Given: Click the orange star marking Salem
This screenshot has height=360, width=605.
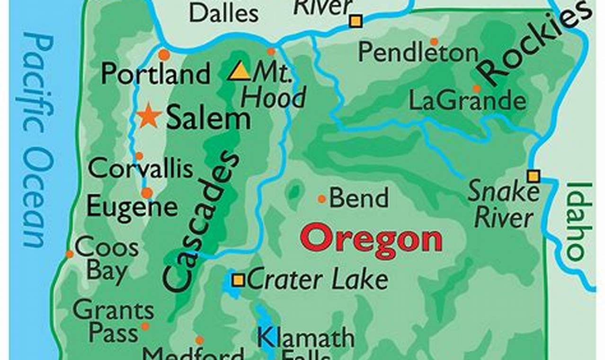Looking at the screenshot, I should click(150, 116).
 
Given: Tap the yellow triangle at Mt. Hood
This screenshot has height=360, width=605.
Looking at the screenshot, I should click(240, 72).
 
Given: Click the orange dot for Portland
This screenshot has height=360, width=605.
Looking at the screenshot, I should click(164, 54).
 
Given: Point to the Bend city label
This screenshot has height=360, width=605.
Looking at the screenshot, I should click(359, 198).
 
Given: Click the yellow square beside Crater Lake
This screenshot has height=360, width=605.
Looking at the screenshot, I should click(238, 280).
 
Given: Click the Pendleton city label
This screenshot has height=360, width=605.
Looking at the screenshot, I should click(418, 53).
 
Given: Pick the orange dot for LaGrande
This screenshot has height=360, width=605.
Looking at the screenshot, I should click(477, 89).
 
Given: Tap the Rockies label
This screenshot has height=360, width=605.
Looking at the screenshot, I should click(535, 45).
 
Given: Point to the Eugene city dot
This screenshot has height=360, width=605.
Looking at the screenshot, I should click(147, 193).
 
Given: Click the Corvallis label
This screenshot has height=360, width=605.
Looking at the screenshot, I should click(141, 169).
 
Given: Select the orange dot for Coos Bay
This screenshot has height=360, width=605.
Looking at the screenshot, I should click(70, 254).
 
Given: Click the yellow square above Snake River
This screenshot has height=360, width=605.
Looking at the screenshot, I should click(534, 176).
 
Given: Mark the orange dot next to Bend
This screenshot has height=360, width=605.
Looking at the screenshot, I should click(322, 199).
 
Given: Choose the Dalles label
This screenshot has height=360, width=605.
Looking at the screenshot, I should click(223, 13).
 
